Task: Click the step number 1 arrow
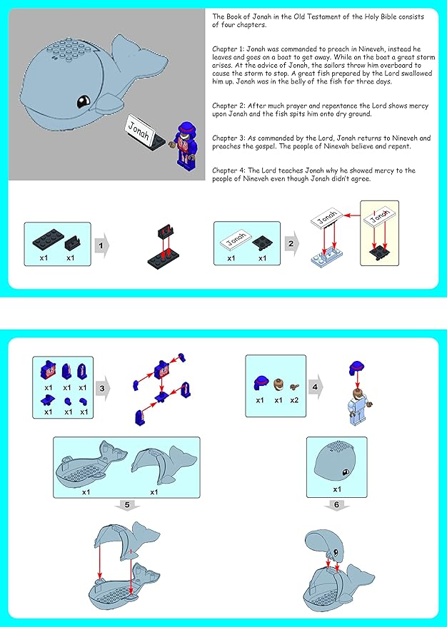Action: click(101, 245)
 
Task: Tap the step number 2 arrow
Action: click(292, 243)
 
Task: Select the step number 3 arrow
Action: click(103, 388)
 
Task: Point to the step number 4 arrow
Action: click(316, 387)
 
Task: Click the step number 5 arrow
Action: click(127, 506)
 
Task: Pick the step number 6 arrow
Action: click(336, 506)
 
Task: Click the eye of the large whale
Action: click(84, 101)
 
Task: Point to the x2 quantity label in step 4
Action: click(294, 400)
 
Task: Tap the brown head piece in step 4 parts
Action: click(278, 385)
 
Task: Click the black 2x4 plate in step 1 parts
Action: click(48, 240)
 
